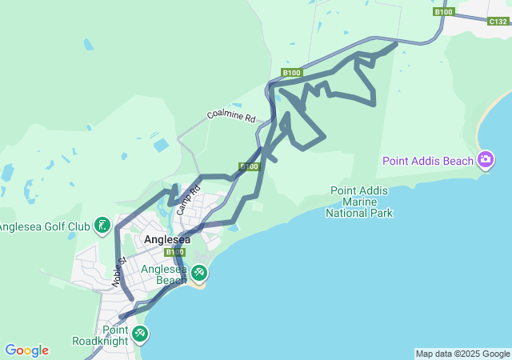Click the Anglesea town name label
[x=167, y=239]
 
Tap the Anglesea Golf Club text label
[x=44, y=226]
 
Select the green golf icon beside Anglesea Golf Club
[x=102, y=226]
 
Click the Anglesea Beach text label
[x=164, y=274]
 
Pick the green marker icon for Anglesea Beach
[x=198, y=274]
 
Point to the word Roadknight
[x=99, y=341]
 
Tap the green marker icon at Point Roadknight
[x=140, y=333]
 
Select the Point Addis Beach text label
[x=428, y=161]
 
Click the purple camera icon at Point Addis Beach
[x=485, y=161]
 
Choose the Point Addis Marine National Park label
[x=360, y=202]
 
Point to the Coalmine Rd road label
[x=230, y=115]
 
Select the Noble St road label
[x=119, y=272]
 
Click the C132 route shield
[x=498, y=22]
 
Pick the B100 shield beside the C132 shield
[x=444, y=12]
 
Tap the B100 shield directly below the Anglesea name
[x=174, y=252]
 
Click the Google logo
[x=26, y=350]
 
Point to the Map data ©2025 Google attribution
[x=462, y=354]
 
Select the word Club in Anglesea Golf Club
[x=78, y=226]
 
